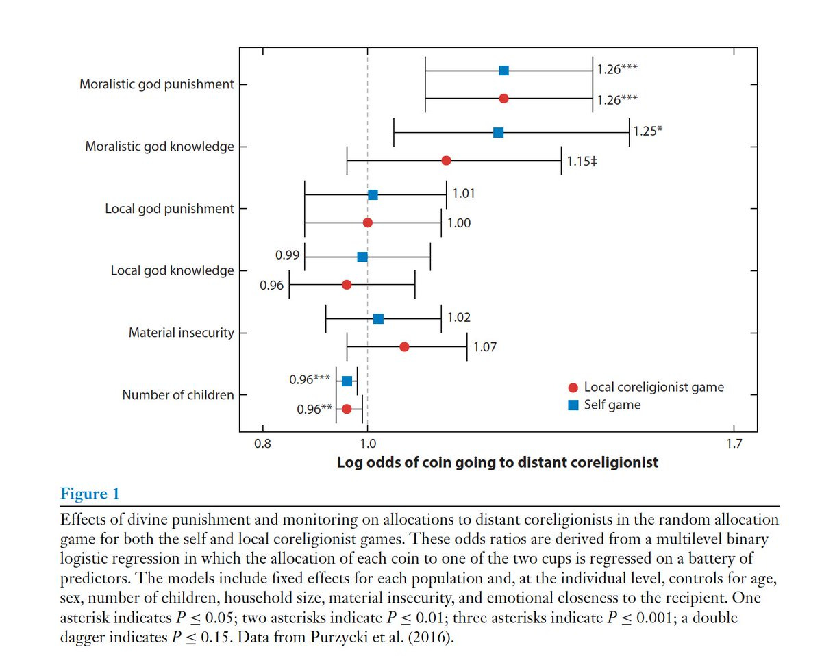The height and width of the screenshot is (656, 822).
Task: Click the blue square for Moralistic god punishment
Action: click(503, 71)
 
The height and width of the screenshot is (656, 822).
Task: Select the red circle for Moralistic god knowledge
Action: click(446, 161)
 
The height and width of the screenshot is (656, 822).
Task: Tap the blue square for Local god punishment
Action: click(373, 195)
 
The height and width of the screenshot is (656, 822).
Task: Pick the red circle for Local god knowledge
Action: click(347, 285)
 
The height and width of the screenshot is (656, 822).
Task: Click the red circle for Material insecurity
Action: click(404, 347)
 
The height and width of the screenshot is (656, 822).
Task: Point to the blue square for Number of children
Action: click(347, 381)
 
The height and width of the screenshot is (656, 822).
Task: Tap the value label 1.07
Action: click(485, 347)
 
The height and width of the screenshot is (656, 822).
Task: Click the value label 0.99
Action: click(286, 255)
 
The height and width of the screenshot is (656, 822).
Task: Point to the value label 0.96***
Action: click(309, 378)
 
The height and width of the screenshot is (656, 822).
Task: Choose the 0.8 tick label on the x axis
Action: click(262, 443)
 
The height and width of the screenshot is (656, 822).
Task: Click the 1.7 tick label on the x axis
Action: click(733, 443)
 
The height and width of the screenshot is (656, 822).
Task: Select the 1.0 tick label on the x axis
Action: click(368, 443)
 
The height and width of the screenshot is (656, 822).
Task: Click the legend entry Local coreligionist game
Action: click(653, 388)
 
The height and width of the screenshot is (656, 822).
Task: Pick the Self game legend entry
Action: click(612, 405)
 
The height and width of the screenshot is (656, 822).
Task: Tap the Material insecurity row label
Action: click(182, 333)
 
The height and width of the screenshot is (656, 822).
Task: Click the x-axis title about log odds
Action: click(497, 462)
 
